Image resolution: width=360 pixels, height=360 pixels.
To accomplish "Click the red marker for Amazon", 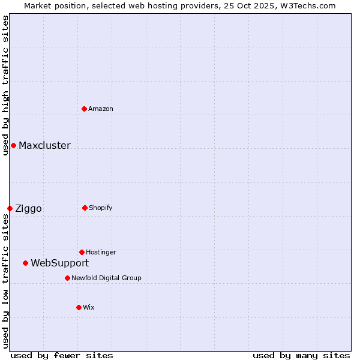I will pos(84,109).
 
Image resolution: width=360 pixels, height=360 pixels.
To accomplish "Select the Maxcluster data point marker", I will pos(13,145).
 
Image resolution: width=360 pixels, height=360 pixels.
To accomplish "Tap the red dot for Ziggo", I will pos(10,208).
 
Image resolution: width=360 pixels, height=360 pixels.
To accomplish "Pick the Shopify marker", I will pos(85,208).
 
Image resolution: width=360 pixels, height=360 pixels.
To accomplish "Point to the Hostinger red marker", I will pos(82,252).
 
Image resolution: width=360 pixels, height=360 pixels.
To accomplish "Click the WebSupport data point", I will pos(25,263).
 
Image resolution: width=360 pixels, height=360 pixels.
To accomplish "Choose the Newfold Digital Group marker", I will pos(67,278).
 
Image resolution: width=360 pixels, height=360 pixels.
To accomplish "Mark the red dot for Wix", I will pos(79,307).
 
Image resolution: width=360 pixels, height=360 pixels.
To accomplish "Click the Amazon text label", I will pos(101,109).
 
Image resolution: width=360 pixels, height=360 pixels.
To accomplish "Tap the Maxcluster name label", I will pos(44,145).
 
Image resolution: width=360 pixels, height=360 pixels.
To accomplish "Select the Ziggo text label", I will pos(28,209).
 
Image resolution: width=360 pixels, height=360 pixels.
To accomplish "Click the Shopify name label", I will pos(101,208).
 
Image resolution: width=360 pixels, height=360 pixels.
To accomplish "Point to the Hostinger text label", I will pos(101,252).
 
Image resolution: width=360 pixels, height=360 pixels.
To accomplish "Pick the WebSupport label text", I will pos(59,263).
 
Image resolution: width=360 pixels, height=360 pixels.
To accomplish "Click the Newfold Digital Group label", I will pos(106,278).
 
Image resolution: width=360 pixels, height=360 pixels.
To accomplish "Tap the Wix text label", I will pos(89,307).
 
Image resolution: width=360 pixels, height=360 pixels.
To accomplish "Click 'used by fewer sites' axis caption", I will pos(62,355).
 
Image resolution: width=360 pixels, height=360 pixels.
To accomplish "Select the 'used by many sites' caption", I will pos(301,355).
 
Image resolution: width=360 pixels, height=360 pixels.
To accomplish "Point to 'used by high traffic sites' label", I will pos(5,85).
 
